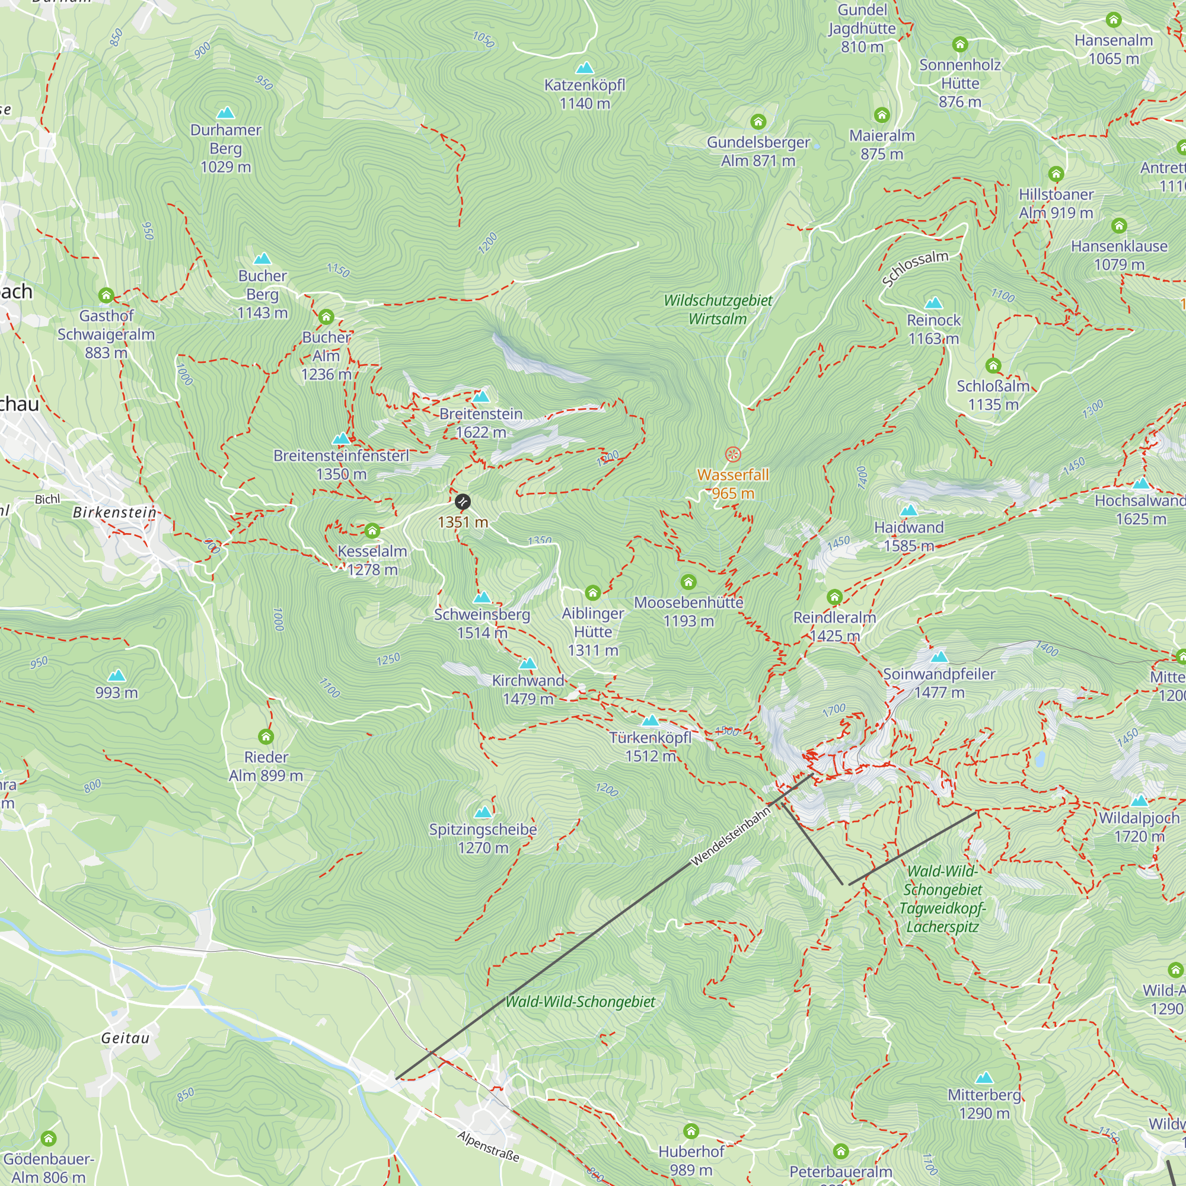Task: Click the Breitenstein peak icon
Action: [481, 397]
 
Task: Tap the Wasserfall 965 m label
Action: [732, 484]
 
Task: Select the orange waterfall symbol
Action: [732, 454]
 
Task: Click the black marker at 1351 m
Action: [463, 502]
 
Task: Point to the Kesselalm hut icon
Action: [372, 530]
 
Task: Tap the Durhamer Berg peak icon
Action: [226, 113]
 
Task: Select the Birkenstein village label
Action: [114, 512]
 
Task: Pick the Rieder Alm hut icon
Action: [266, 736]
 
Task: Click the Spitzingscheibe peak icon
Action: [483, 812]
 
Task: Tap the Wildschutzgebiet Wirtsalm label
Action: [718, 310]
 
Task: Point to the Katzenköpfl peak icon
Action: [585, 68]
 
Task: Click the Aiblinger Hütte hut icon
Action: [592, 592]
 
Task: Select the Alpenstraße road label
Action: [489, 1147]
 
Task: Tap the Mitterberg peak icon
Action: [984, 1077]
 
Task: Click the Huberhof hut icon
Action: [691, 1131]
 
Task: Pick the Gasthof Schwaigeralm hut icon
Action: [106, 295]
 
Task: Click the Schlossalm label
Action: [914, 268]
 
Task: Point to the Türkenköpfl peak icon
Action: [650, 720]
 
